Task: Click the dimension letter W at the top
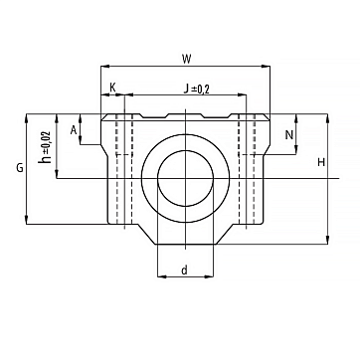(187, 60)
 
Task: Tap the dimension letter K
(112, 88)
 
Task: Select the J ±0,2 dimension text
(198, 89)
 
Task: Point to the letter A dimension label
(74, 130)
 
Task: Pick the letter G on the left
(20, 168)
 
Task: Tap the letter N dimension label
(289, 134)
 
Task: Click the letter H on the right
(321, 162)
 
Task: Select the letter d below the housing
(185, 270)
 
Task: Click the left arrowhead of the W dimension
(104, 67)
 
